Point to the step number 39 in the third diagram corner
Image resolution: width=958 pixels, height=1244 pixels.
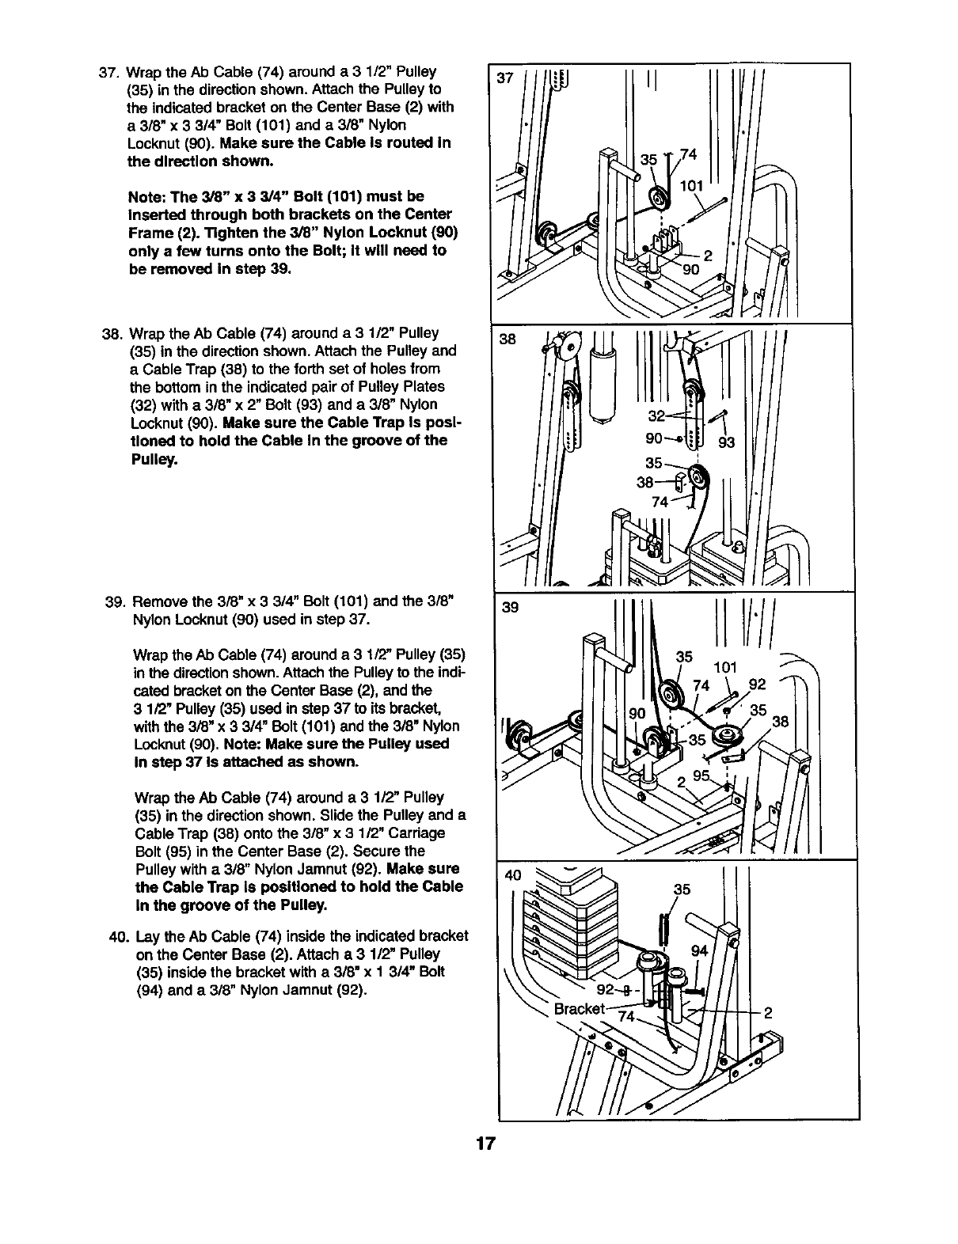click(510, 609)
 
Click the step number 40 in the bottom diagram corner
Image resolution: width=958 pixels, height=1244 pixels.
click(515, 875)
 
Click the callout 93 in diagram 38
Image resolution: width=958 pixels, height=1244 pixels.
click(726, 442)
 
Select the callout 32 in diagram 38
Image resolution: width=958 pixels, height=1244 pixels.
click(656, 416)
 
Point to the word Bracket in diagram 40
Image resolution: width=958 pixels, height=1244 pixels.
click(580, 1009)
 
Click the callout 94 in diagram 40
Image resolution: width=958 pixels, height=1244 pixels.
click(698, 950)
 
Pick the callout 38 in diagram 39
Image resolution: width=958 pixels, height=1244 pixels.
click(781, 721)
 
